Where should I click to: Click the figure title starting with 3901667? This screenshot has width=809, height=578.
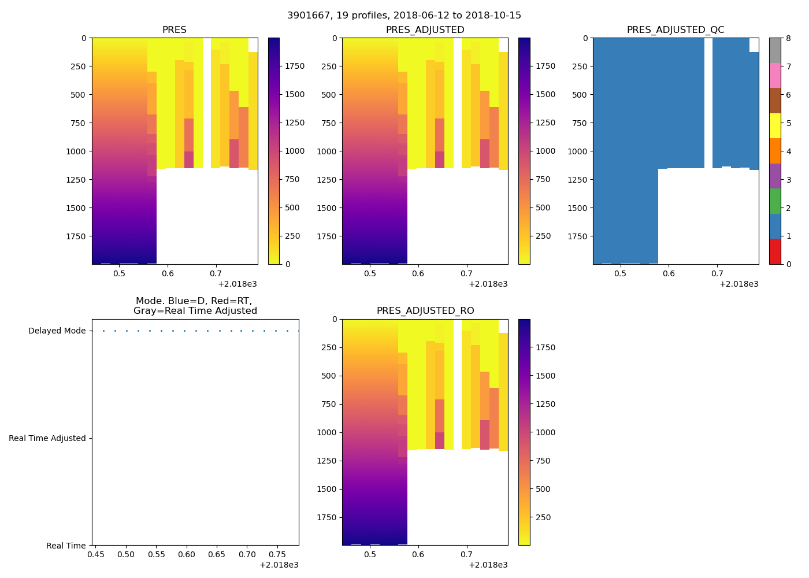point(404,16)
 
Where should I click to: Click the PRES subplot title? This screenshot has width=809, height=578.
point(174,30)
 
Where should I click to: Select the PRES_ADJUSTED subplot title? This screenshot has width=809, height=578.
point(425,30)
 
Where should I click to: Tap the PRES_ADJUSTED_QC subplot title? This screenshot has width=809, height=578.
point(676,30)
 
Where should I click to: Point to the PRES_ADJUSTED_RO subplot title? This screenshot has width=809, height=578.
point(425,311)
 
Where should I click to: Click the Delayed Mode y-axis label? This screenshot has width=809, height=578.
point(57,331)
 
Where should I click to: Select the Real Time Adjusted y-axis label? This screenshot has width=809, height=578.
point(47,439)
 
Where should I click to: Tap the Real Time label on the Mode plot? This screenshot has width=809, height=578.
point(66,546)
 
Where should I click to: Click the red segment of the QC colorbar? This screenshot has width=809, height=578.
point(774,251)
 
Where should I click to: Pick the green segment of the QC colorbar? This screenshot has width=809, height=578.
point(774,201)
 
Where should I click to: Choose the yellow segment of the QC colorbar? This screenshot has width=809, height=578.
point(774,125)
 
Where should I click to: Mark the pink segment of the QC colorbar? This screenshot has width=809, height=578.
point(774,75)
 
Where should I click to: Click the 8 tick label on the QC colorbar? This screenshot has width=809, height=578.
point(788,39)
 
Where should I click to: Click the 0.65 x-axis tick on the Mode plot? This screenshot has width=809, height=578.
point(217,555)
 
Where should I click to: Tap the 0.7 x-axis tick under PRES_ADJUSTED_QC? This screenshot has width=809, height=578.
point(717,273)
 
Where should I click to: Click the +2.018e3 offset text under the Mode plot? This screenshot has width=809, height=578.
point(279,565)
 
